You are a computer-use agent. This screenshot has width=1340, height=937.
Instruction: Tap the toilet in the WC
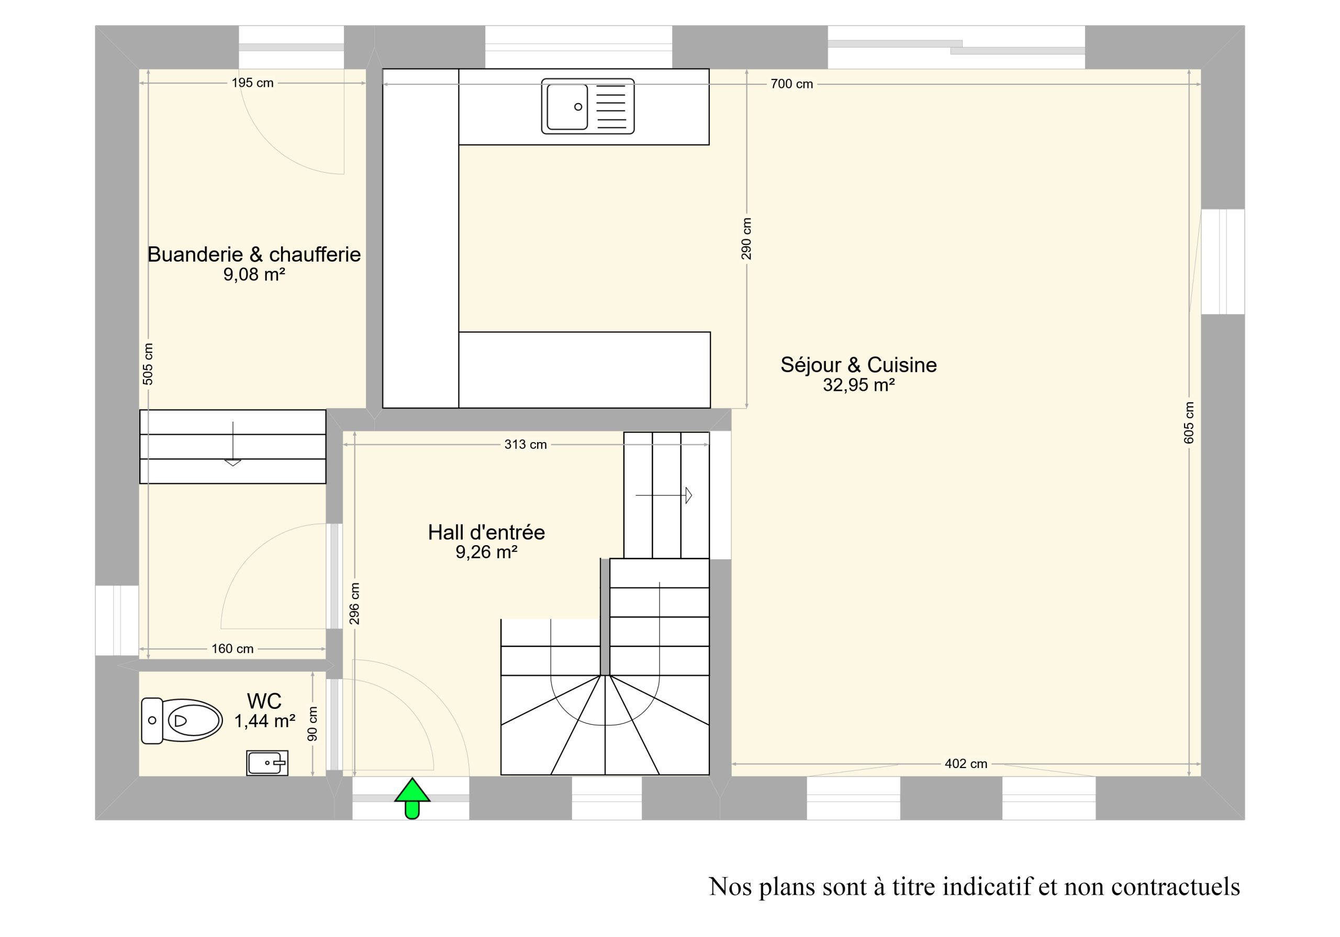tap(182, 720)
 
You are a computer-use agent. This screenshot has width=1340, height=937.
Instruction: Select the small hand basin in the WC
tap(267, 763)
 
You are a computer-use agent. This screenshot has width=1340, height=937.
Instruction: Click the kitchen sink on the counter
tap(588, 106)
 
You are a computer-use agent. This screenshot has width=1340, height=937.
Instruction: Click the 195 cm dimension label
tap(252, 83)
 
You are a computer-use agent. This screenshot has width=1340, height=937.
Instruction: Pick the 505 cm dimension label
tap(148, 364)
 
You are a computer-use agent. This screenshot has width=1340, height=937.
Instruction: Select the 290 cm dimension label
tap(746, 239)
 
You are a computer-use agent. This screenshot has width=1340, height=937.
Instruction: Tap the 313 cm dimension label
tap(525, 445)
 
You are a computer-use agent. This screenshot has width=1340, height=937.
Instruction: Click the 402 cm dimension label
tap(966, 764)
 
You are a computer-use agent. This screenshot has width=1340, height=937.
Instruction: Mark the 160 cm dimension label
tap(232, 649)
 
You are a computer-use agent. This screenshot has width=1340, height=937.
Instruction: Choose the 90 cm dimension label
tap(312, 724)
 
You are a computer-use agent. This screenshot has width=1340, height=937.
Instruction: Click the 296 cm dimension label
tap(354, 604)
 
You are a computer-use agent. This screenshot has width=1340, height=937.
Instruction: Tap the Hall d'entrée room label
tap(486, 532)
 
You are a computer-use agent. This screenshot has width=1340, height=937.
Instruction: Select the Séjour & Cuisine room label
tap(858, 365)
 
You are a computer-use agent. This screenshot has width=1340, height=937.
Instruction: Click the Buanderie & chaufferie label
tap(254, 254)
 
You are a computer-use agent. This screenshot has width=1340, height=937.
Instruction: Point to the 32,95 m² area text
tap(859, 385)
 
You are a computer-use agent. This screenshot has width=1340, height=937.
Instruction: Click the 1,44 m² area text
tap(264, 721)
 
